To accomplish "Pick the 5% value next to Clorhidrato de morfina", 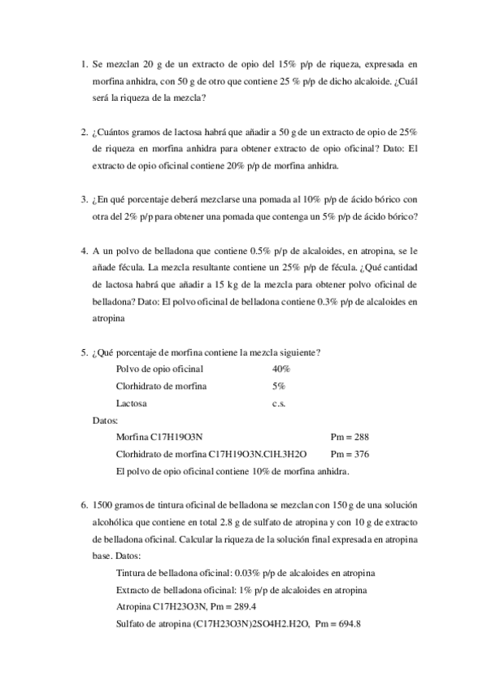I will [279, 386].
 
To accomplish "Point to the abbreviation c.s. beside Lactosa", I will [280, 403].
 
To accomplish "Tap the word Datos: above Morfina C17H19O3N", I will [107, 420].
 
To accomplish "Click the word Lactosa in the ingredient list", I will [133, 403].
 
